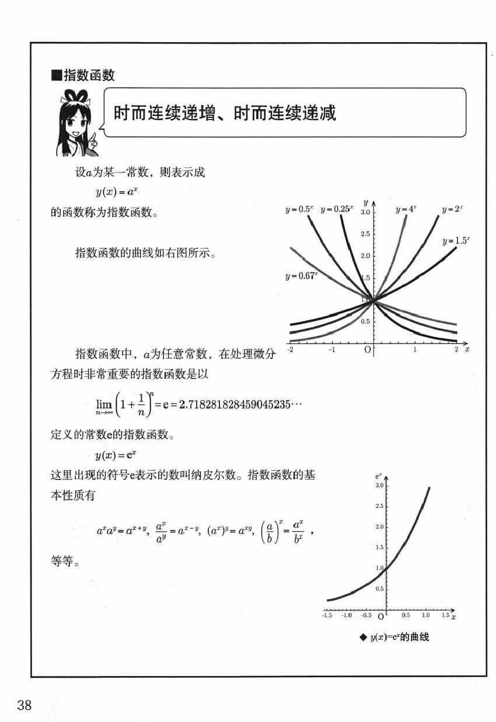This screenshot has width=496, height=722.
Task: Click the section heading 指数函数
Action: pos(86,75)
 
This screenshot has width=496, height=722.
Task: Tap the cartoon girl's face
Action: pos(78,122)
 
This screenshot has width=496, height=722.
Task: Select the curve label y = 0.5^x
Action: pos(299,209)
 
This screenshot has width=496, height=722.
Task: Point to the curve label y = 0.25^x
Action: pos(336,209)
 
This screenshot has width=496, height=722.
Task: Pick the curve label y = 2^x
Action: pos(452,209)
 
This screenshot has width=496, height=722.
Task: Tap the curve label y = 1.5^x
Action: pos(456,240)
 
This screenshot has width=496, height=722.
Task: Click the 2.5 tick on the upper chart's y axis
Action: pos(365,234)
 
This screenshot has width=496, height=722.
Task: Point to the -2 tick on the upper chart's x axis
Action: pos(289,349)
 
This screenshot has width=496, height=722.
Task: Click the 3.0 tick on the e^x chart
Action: pos(379,486)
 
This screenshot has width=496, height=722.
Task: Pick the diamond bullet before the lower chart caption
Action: pos(363,637)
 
